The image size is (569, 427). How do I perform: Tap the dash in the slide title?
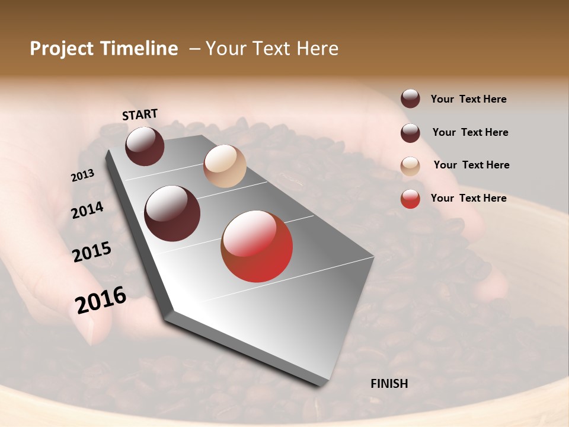194,49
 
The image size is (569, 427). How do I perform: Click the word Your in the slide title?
225,49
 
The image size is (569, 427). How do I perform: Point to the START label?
140,114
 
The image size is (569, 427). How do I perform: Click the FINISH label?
389,384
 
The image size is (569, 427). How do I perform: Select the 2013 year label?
83,176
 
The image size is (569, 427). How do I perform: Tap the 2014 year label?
88,210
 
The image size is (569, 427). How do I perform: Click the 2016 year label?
101,300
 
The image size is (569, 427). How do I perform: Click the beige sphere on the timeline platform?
225,166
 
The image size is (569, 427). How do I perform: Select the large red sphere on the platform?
257,246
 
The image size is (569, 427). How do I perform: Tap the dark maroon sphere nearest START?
145,146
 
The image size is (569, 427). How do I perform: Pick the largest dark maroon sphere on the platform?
172,213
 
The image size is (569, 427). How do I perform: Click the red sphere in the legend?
410,199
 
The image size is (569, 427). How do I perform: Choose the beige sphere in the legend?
410,166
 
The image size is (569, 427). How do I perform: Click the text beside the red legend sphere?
468,198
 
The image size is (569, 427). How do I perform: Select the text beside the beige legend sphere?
471,165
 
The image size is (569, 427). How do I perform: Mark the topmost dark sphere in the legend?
410,98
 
